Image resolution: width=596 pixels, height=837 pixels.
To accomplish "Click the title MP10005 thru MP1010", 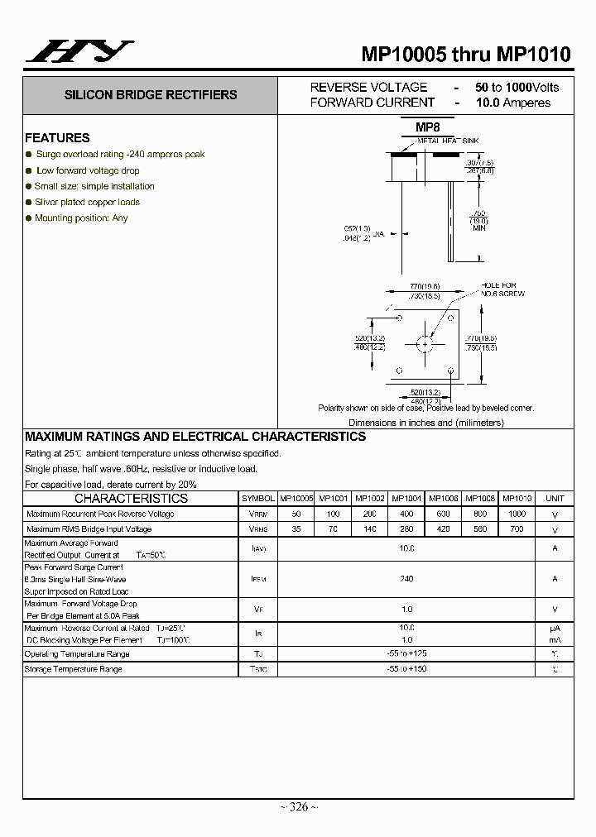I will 465,55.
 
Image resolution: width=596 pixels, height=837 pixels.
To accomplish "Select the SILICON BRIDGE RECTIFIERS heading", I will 151,95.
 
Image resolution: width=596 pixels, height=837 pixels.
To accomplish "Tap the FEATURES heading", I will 57,138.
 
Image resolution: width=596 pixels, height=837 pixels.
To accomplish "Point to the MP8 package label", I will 427,127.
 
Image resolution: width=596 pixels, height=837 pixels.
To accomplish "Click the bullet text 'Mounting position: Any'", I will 81,218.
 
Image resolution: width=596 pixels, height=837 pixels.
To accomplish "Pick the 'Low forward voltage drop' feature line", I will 88,170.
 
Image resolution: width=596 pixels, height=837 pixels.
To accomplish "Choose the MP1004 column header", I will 406,499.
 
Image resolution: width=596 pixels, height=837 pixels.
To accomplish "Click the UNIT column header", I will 555,499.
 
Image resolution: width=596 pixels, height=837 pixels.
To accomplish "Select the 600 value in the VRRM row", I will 443,514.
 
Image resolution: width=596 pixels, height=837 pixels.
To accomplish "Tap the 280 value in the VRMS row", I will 406,529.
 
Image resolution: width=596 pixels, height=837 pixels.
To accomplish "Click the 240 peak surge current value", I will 406,579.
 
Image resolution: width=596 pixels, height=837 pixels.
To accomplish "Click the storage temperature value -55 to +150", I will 406,668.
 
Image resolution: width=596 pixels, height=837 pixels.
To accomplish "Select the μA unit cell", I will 555,629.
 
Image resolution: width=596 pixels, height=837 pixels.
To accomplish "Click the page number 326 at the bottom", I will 299,807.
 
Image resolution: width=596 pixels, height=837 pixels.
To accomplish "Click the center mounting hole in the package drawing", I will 425,343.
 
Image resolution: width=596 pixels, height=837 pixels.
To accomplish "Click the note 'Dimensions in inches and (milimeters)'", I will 425,423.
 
